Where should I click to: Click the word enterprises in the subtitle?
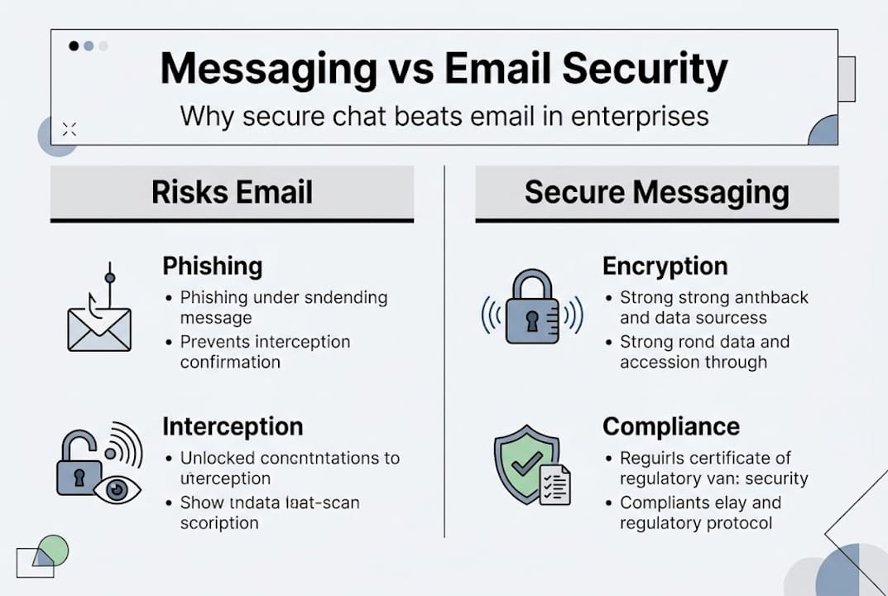coord(643,115)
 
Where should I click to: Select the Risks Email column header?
coord(232,192)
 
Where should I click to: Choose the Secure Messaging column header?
coord(656,192)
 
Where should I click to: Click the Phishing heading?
coord(213,266)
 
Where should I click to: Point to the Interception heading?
coord(233,426)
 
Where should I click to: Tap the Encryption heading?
coord(665,266)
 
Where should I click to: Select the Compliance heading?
coord(670,426)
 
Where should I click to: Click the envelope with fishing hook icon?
coord(99,325)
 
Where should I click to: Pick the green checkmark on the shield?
coord(526,465)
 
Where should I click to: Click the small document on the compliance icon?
coord(555,483)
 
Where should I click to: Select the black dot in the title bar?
coord(74,46)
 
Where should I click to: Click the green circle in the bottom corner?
coord(53,550)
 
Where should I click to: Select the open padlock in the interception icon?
coord(79,468)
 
